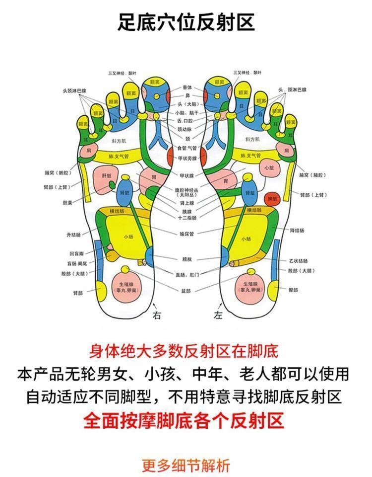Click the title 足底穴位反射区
coord(186,23)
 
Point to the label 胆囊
coord(67,202)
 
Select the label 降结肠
coord(298,231)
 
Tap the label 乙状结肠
coord(299,261)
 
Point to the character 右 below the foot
coord(157,316)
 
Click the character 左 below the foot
coord(218,316)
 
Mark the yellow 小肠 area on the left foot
coord(247,238)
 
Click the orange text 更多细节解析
coord(186,466)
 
